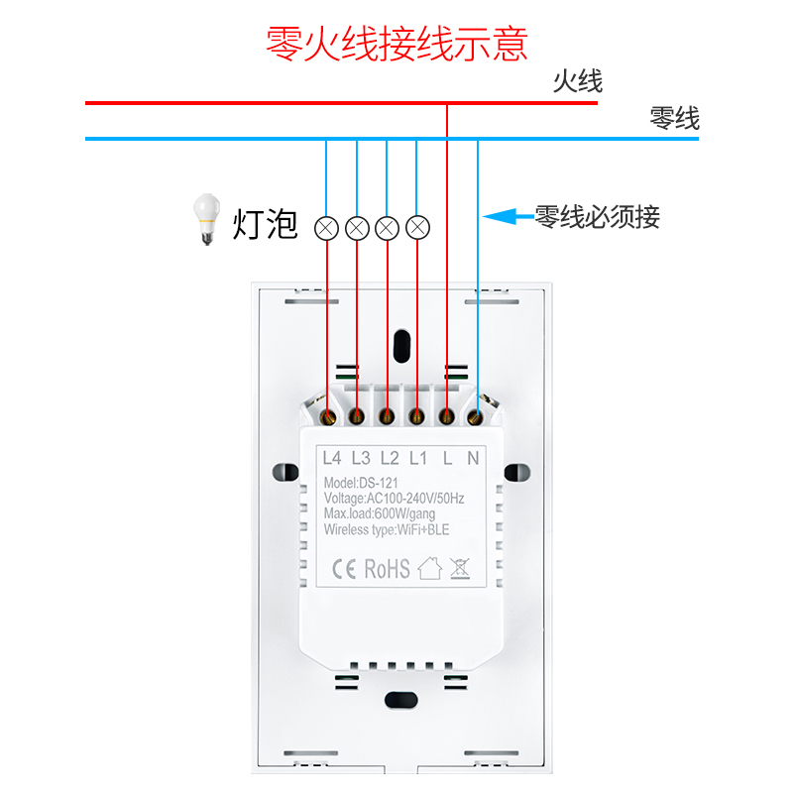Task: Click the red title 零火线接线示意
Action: pos(396,45)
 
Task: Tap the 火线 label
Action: pos(578,81)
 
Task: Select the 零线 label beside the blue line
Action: pos(674,119)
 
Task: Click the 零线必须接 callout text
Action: pos(597,216)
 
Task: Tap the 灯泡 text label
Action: pos(265,224)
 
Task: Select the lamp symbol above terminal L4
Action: pos(326,228)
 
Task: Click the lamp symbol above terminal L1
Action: pos(418,228)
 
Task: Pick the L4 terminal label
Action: pos(332,458)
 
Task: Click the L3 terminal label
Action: pos(361,458)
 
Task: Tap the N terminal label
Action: pos(473,458)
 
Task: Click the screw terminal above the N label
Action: pos(475,417)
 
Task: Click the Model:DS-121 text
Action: pos(361,483)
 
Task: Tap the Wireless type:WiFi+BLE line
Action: pos(387,529)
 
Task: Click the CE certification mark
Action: pos(344,569)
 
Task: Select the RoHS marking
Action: pos(387,569)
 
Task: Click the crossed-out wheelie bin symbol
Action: pos(459,569)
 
